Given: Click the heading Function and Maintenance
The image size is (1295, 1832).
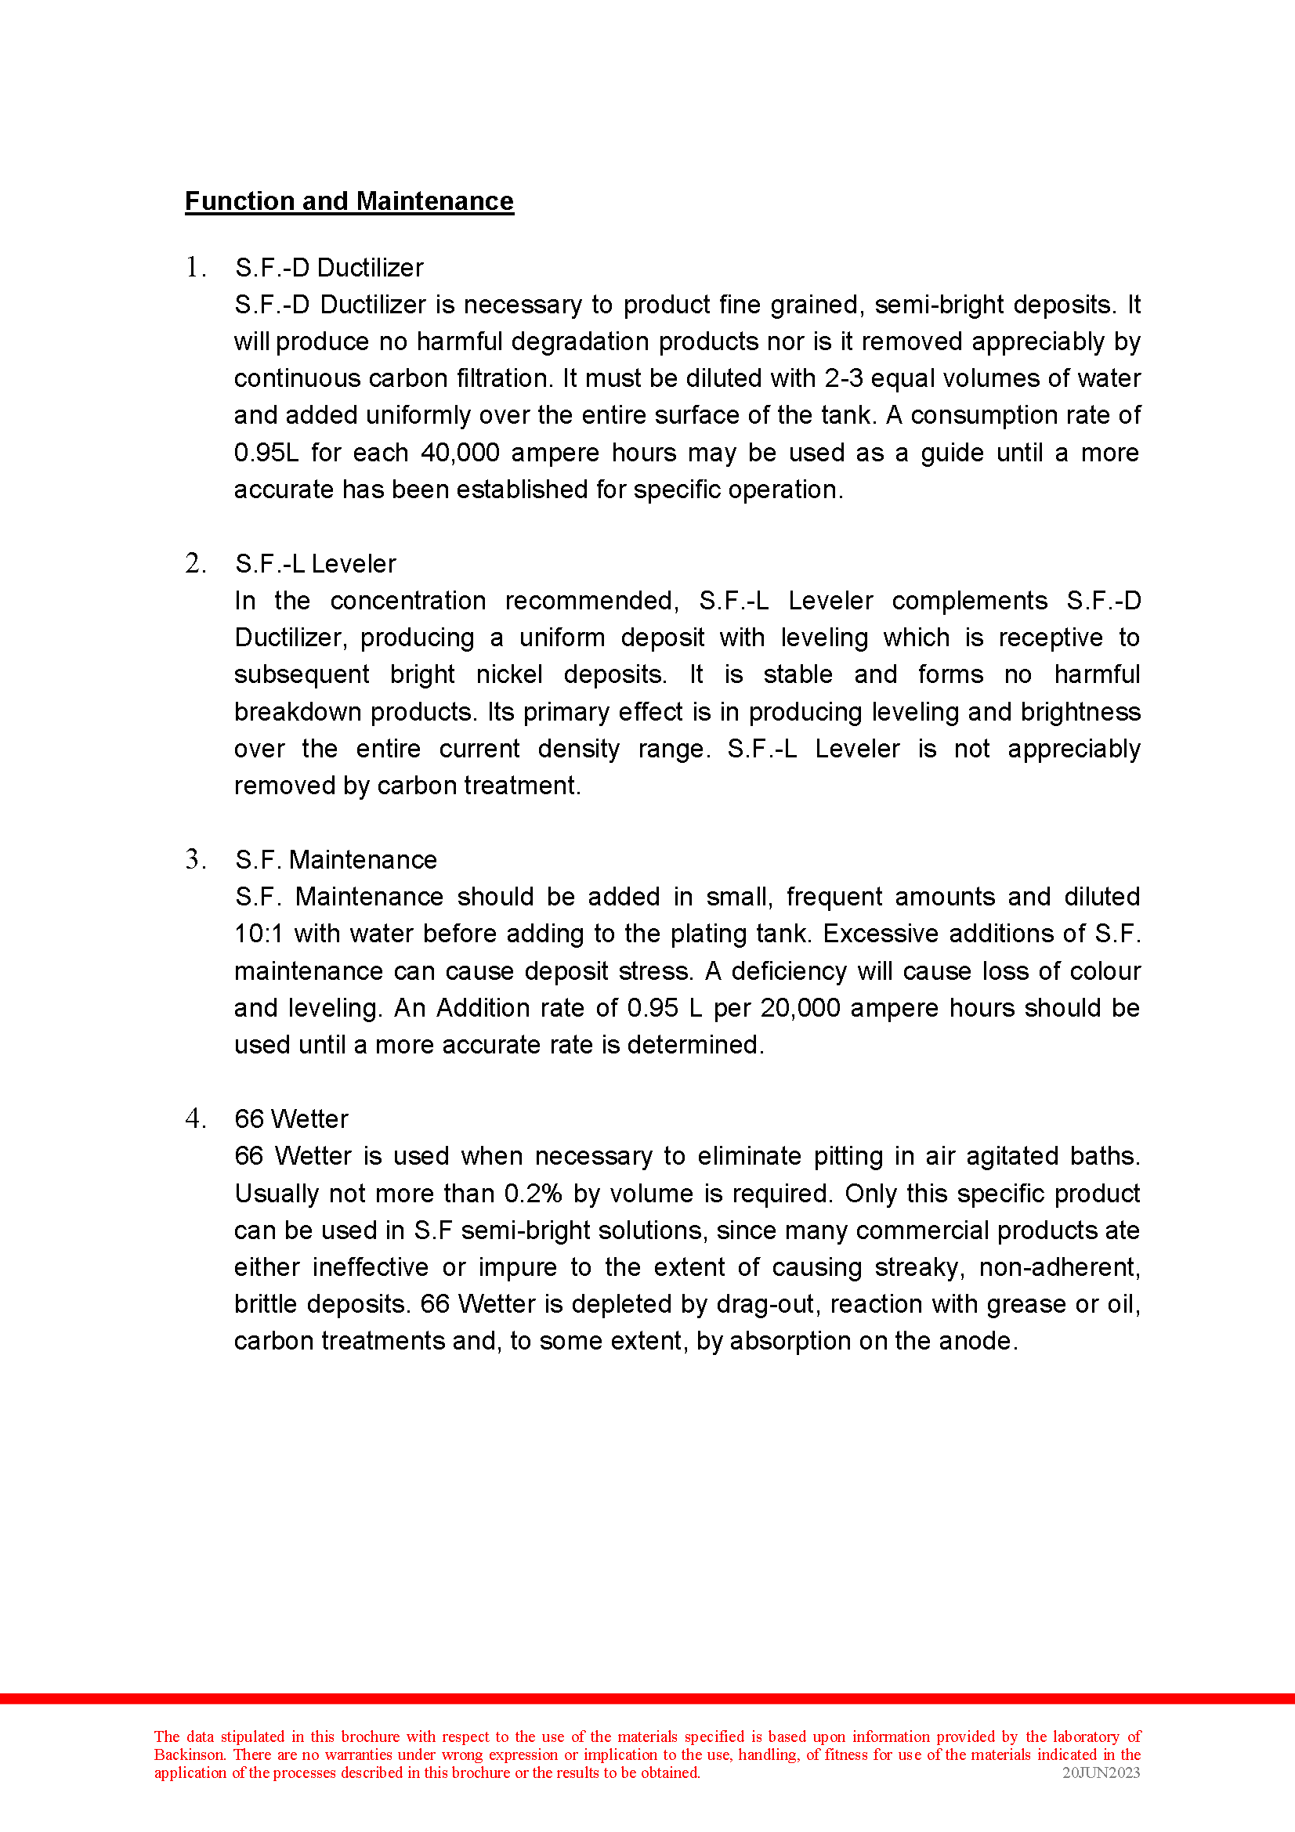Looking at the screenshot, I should coord(349,201).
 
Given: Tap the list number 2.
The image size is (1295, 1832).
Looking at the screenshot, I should coord(195,563).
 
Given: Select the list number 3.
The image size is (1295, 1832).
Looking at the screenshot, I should coord(195,859).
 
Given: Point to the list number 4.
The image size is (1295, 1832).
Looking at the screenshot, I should coord(195,1118).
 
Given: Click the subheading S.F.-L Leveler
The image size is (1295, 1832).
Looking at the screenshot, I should coord(315,564).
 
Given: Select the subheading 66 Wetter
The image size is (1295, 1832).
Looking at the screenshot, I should coord(291,1119).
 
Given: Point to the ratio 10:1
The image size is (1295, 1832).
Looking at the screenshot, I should coord(259,934).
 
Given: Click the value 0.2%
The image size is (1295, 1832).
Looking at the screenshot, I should coord(533,1194).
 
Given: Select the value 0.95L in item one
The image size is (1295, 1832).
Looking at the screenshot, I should coord(266,453).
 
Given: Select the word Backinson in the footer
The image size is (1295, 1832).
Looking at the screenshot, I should coord(189,1754).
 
